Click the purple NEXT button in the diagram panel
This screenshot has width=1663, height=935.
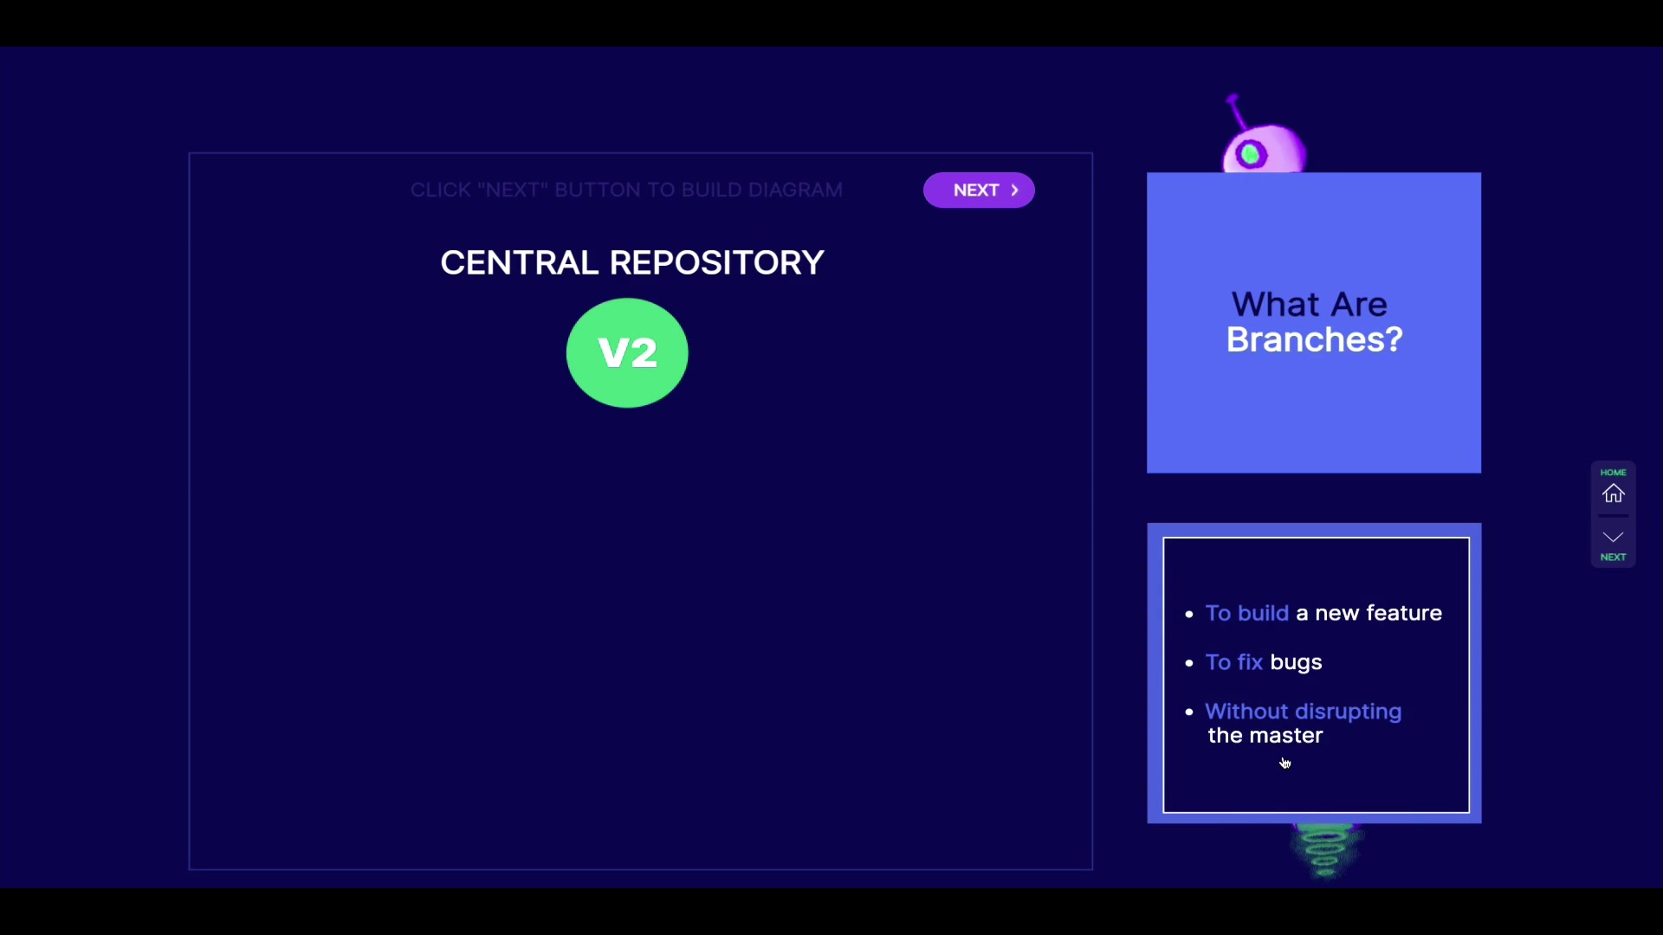tap(978, 190)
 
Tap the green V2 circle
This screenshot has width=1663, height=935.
tap(627, 353)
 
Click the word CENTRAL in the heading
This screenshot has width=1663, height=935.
tap(519, 263)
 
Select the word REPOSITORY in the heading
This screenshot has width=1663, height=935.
tap(717, 263)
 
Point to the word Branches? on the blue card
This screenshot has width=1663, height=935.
tap(1314, 339)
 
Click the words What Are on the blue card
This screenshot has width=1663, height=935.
tap(1309, 305)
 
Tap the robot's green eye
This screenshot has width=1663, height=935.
tap(1250, 155)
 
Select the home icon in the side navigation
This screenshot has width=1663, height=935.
tap(1613, 493)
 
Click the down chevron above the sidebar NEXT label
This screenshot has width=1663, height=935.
tap(1613, 538)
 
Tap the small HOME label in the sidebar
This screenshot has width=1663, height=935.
tap(1613, 473)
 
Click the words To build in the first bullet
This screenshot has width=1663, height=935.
tap(1246, 613)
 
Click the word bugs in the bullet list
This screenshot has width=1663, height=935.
tap(1296, 662)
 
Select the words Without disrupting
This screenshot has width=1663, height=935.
tap(1303, 712)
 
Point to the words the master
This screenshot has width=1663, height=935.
tap(1265, 736)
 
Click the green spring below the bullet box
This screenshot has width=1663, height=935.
tap(1324, 850)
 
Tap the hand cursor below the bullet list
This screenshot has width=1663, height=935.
tap(1285, 763)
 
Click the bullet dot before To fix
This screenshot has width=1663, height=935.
tap(1189, 663)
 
